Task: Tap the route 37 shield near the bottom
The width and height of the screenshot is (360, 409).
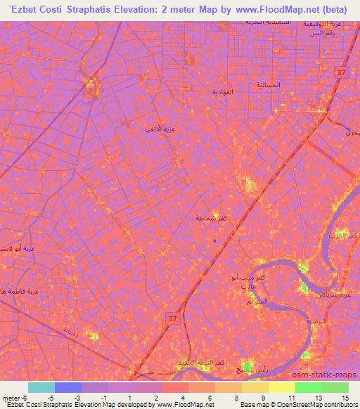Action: click(x=172, y=319)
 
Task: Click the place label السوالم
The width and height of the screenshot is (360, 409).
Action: click(x=256, y=302)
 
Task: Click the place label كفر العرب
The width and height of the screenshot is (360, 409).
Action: click(x=345, y=235)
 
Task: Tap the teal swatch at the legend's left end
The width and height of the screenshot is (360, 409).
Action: click(x=41, y=387)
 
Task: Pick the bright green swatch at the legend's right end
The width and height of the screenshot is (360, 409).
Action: click(x=335, y=387)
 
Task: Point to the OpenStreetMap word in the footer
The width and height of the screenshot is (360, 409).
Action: click(x=279, y=405)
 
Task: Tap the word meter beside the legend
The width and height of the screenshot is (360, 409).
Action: click(x=10, y=398)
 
